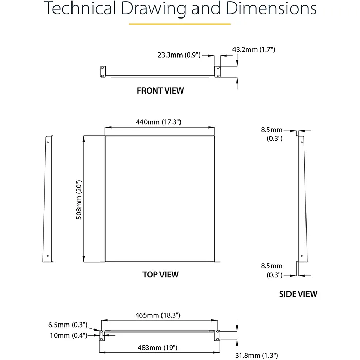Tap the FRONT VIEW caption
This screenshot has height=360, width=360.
160,91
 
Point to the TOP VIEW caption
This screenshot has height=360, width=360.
160,275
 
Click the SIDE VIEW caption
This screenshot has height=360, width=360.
298,294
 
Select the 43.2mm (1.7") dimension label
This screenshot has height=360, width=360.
254,49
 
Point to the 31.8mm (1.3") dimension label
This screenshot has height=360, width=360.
256,355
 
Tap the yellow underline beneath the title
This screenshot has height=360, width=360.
179,24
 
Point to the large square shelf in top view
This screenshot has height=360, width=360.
160,200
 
